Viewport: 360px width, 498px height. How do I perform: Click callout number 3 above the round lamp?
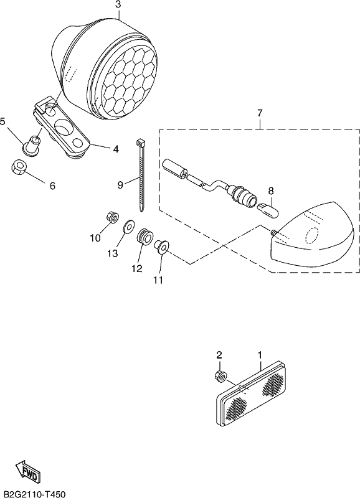tap(118, 5)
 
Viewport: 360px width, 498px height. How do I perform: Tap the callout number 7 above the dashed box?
tap(260, 113)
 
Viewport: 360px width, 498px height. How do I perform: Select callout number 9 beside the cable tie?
tap(120, 184)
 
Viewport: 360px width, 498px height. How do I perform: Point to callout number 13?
tap(113, 253)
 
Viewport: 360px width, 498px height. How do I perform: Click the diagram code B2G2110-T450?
tap(33, 494)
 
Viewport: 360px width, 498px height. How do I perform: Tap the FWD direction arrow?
tap(28, 471)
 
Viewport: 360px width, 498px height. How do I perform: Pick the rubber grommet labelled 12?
tap(144, 237)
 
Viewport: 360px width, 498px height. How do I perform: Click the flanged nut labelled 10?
tap(112, 217)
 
